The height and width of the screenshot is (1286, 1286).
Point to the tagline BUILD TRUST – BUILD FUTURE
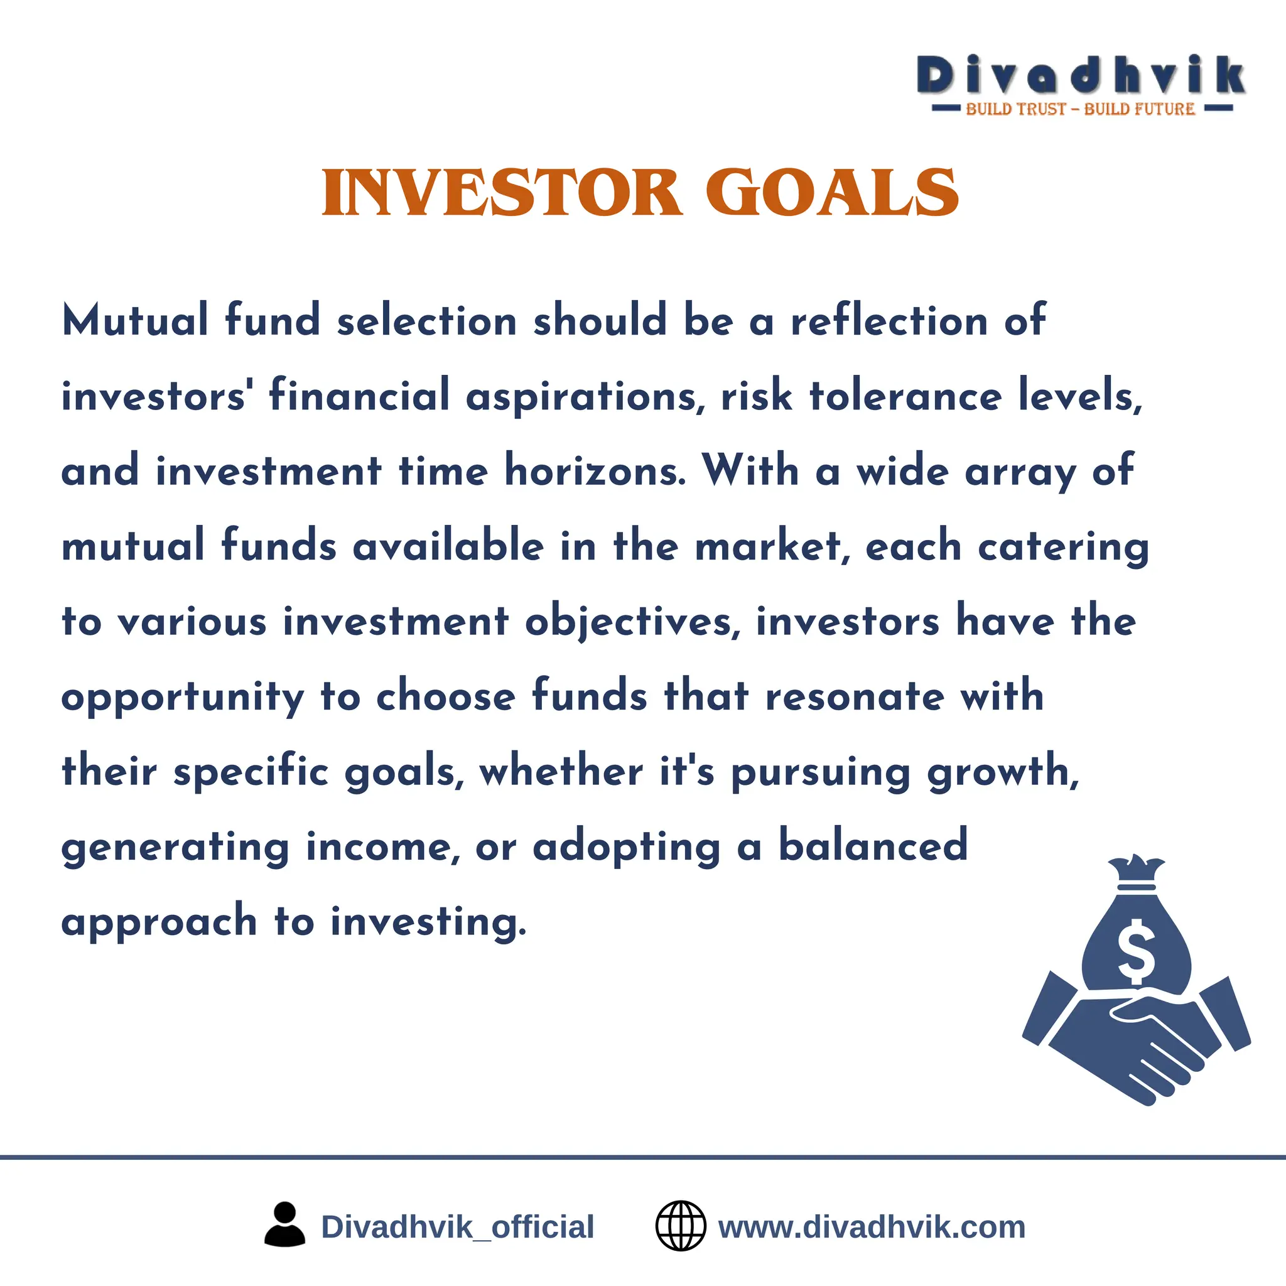click(1080, 109)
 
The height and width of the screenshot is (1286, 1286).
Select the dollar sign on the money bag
click(1136, 951)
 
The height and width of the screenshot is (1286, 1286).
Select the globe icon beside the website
click(680, 1226)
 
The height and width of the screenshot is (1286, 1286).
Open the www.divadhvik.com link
click(872, 1227)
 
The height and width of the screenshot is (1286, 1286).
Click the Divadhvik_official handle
click(457, 1227)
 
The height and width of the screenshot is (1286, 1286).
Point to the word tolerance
click(905, 396)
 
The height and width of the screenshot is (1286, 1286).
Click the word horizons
click(595, 470)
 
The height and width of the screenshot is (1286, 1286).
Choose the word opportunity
click(182, 698)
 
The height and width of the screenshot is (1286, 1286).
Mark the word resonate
click(855, 697)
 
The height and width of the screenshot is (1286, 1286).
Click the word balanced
click(873, 846)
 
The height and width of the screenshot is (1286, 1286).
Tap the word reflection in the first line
click(889, 321)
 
